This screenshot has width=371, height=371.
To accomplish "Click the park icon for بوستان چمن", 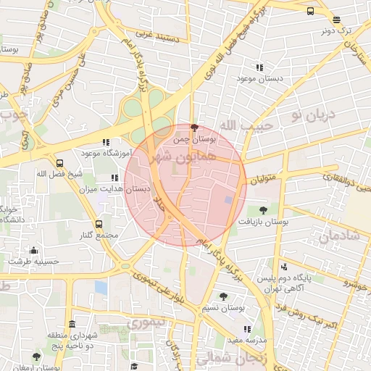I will pyautogui.click(x=193, y=127).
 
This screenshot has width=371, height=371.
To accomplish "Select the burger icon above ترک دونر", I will pyautogui.click(x=311, y=11).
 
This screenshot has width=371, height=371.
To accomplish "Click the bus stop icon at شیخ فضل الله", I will pyautogui.click(x=59, y=163).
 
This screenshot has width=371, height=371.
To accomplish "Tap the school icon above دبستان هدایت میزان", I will pyautogui.click(x=114, y=178).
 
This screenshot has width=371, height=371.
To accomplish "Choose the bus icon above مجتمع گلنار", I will pyautogui.click(x=99, y=224).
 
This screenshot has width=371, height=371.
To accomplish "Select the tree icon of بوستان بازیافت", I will pyautogui.click(x=262, y=210).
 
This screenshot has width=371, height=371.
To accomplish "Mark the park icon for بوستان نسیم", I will pyautogui.click(x=223, y=296).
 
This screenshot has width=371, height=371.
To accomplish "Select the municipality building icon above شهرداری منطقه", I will pyautogui.click(x=71, y=324).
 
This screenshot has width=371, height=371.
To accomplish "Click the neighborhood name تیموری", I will pyautogui.click(x=147, y=320).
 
